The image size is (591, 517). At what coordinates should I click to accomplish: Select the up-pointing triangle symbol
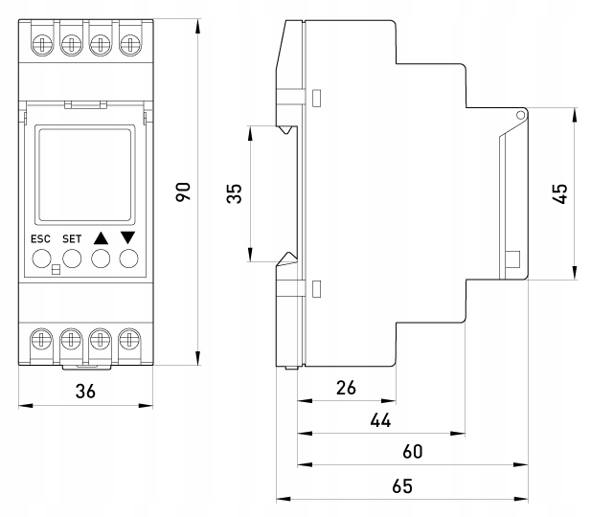pyautogui.click(x=101, y=236)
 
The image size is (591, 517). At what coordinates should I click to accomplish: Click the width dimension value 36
pyautogui.click(x=85, y=391)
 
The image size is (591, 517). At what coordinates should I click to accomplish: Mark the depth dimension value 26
pyautogui.click(x=346, y=388)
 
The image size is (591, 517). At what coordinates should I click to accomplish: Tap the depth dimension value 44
pyautogui.click(x=380, y=419)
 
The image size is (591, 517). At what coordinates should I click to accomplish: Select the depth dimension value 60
pyautogui.click(x=412, y=451)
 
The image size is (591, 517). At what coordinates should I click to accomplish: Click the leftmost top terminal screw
pyautogui.click(x=41, y=44)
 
